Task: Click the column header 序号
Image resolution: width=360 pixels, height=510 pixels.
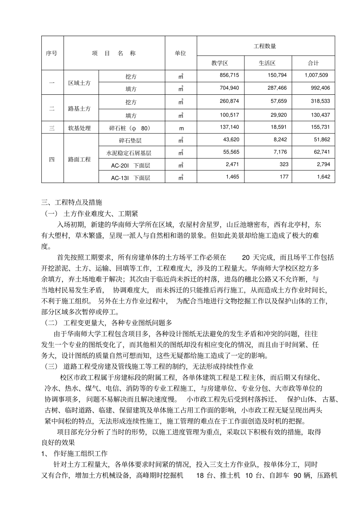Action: pos(52,53)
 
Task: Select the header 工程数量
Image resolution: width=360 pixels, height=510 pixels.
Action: pos(265,46)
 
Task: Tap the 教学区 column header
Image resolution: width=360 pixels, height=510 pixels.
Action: pos(220,63)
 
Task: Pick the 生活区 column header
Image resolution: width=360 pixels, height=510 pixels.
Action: pos(267,63)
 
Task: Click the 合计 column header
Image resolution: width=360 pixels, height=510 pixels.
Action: pos(313,63)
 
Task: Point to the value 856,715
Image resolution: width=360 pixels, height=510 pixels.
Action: pos(230,75)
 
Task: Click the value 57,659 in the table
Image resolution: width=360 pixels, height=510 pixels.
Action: pos(279,101)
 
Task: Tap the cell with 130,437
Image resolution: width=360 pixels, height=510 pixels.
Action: pos(320,115)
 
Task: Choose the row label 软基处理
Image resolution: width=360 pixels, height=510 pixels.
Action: pos(80,128)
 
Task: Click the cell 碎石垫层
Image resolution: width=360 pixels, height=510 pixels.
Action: pos(130,141)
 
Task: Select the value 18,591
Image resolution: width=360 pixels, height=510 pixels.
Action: pos(279,127)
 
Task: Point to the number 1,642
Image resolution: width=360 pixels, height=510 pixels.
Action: pos(323,177)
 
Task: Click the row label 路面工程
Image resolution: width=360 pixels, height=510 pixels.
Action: pos(80,160)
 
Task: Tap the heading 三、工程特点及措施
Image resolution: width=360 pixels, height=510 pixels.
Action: pos(72,202)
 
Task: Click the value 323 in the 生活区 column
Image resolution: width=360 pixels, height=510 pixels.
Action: pos(284,164)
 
